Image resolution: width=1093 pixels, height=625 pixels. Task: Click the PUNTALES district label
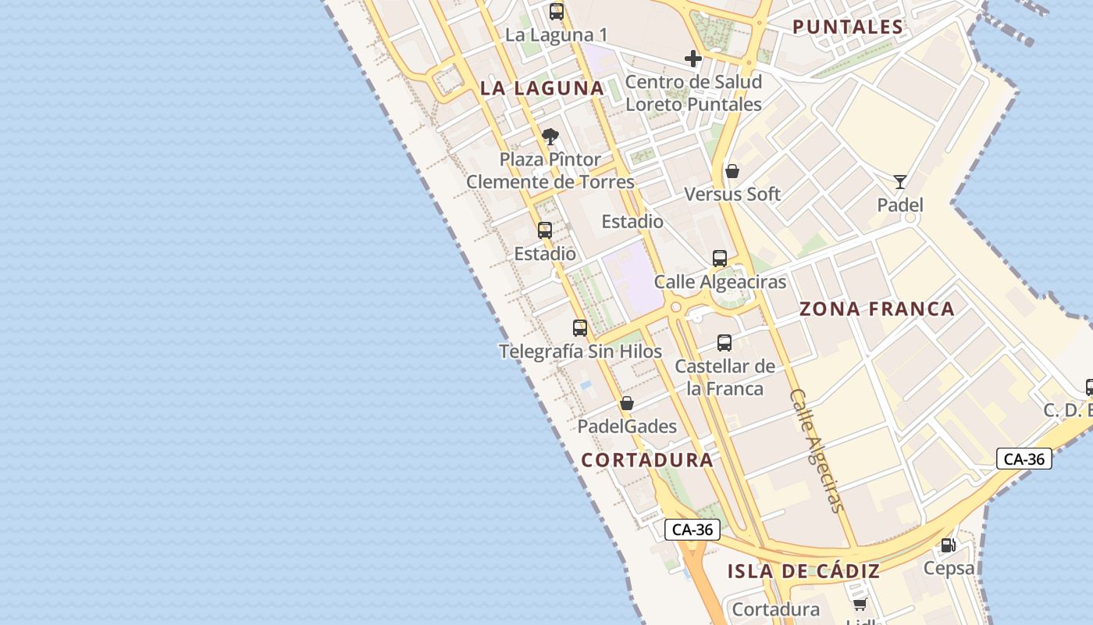pos(848,27)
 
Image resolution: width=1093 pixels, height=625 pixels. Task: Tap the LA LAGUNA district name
pos(543,88)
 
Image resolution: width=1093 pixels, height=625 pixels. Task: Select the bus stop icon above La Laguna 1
pos(557,12)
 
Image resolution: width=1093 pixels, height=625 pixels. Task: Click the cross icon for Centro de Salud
pos(692,59)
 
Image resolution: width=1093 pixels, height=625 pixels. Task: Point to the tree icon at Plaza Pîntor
pos(550,137)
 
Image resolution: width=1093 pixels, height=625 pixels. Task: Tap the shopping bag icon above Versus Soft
pos(732,171)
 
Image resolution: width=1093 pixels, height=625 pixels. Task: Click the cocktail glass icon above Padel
pos(900,182)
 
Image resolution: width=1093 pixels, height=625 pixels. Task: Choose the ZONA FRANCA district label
pos(877,309)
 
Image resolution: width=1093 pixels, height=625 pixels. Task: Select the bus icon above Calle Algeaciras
pos(720,259)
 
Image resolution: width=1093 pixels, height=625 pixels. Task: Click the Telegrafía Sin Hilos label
pos(580,352)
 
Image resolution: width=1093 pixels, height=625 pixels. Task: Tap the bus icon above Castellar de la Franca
pos(725,342)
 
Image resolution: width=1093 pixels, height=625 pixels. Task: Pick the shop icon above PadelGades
pos(626,404)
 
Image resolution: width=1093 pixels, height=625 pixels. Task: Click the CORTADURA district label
pos(647,460)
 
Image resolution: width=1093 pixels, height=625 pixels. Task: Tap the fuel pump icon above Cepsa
pos(949,545)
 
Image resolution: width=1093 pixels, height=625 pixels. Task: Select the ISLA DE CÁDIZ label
pos(803,572)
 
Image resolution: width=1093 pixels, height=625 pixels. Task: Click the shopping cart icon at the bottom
pos(860,604)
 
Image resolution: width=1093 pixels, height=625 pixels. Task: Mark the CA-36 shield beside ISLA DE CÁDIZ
pos(692,530)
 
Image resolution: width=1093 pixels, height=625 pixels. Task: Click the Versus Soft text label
pos(732,194)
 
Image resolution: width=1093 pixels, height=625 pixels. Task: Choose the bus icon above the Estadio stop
pos(545,230)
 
